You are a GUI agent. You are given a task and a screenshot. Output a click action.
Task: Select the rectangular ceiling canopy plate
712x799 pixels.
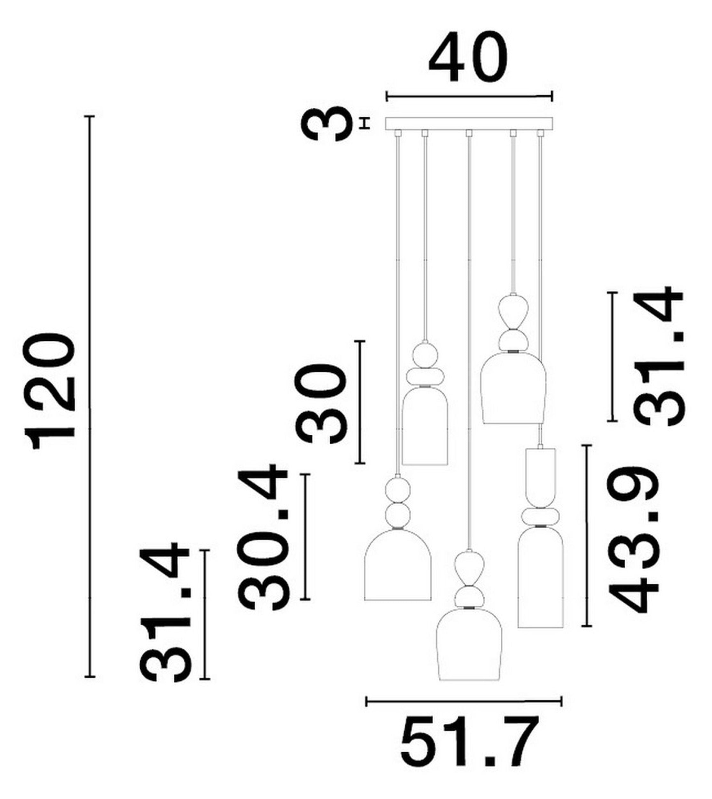coord(469,124)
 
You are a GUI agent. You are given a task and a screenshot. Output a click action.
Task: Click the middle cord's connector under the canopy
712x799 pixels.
coord(469,133)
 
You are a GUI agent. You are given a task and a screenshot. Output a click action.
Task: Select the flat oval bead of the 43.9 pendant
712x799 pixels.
coord(541,516)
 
